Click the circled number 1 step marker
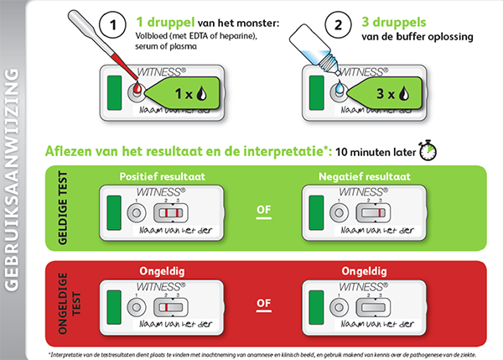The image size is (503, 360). point(112,24)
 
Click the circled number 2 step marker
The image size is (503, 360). point(338,24)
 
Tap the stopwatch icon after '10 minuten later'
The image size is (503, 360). point(428,150)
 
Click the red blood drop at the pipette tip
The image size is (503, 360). point(137,86)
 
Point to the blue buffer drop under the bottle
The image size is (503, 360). point(340,86)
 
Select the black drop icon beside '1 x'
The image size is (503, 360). point(202,93)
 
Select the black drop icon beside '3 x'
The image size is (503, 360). point(404,93)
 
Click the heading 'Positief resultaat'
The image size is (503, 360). point(163,176)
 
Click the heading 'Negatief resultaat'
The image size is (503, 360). point(365,176)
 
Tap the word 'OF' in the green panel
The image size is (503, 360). point(264,210)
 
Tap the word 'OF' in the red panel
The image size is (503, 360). point(264,303)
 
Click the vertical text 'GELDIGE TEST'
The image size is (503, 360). point(63,208)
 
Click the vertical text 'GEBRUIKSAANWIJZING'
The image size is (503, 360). point(12,180)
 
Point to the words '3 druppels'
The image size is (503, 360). point(394,22)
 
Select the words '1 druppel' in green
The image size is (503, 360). point(165,22)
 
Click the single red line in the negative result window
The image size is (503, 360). point(380,212)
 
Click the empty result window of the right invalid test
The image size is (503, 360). point(373,307)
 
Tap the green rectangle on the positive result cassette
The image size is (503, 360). point(114,212)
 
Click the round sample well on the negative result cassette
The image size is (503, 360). point(339,212)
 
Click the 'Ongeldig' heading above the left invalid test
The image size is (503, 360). point(162,271)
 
